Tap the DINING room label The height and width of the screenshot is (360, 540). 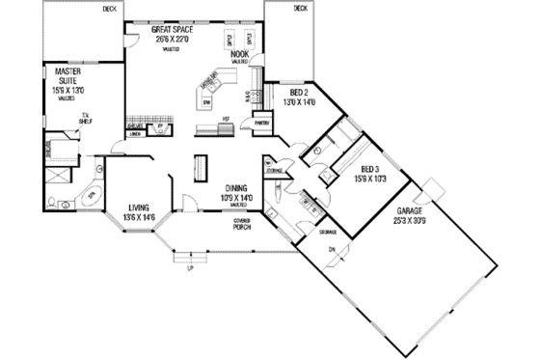tap(237, 188)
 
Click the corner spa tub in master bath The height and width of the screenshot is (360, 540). tap(93, 196)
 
